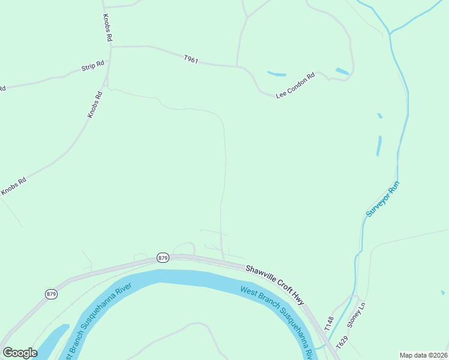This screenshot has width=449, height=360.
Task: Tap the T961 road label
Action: (x=191, y=59)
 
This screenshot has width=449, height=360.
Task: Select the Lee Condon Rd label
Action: (x=295, y=86)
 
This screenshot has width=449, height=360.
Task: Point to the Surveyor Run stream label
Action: (x=382, y=200)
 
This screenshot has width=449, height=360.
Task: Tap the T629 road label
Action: (x=342, y=343)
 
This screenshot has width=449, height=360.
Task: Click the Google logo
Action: (x=20, y=352)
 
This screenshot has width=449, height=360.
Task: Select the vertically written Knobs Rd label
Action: (x=108, y=28)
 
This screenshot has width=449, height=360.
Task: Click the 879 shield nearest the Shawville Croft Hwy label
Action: (x=163, y=257)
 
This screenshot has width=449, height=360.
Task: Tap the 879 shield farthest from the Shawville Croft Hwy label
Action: (x=51, y=294)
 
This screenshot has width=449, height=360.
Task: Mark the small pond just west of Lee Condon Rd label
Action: (x=277, y=74)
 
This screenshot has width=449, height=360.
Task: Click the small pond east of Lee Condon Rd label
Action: (x=342, y=71)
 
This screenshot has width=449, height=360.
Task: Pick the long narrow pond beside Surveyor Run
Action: (x=379, y=146)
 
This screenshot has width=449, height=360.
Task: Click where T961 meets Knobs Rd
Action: (x=110, y=46)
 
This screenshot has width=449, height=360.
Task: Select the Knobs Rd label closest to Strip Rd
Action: (x=95, y=104)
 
